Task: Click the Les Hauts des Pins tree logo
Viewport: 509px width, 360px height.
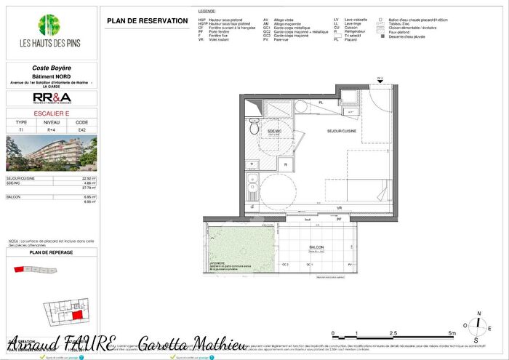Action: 49,26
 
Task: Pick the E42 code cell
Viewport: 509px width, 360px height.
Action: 81,129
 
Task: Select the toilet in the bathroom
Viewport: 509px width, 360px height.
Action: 254,127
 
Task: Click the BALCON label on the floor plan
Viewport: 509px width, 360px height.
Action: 316,247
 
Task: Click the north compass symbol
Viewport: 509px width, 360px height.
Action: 477,326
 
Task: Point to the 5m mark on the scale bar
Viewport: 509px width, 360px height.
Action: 452,333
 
